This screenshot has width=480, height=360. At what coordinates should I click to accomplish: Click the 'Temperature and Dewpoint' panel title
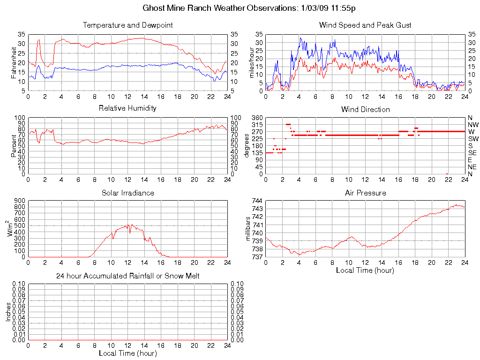tap(127, 25)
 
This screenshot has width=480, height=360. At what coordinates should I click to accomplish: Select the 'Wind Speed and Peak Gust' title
tap(365, 25)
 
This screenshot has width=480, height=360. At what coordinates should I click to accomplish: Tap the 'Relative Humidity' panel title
tap(127, 108)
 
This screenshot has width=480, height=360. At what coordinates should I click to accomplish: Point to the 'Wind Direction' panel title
tap(365, 109)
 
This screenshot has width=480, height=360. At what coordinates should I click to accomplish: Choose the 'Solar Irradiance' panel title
tap(127, 193)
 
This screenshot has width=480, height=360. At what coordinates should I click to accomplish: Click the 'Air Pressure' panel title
tap(365, 193)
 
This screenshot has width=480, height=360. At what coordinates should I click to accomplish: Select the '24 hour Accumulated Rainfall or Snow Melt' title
tap(127, 276)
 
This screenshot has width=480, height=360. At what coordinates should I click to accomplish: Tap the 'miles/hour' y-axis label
tap(251, 63)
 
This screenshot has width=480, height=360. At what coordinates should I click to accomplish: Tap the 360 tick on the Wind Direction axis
tap(257, 118)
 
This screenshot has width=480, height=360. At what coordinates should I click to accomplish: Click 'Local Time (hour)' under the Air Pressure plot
tap(365, 270)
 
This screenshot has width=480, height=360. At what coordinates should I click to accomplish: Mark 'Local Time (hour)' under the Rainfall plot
tap(127, 353)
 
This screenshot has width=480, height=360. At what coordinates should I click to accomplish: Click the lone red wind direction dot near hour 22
tap(447, 174)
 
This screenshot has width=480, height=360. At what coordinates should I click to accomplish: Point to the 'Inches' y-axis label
tap(8, 312)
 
